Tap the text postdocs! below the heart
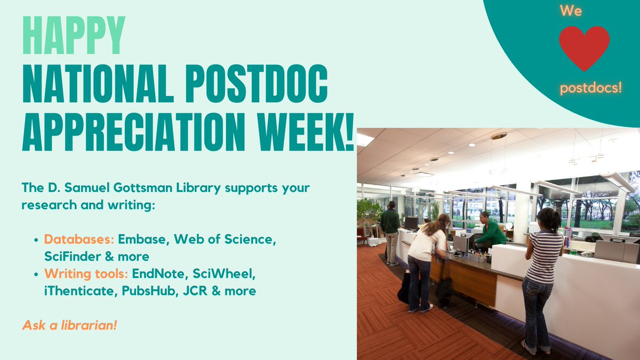[590, 86]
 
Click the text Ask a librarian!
[69, 324]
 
